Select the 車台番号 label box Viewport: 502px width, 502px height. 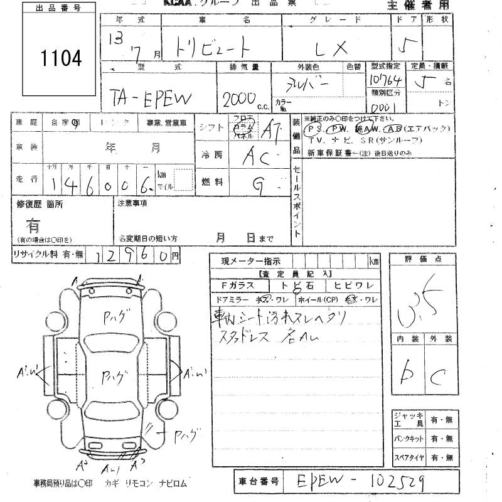click(x=258, y=481)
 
